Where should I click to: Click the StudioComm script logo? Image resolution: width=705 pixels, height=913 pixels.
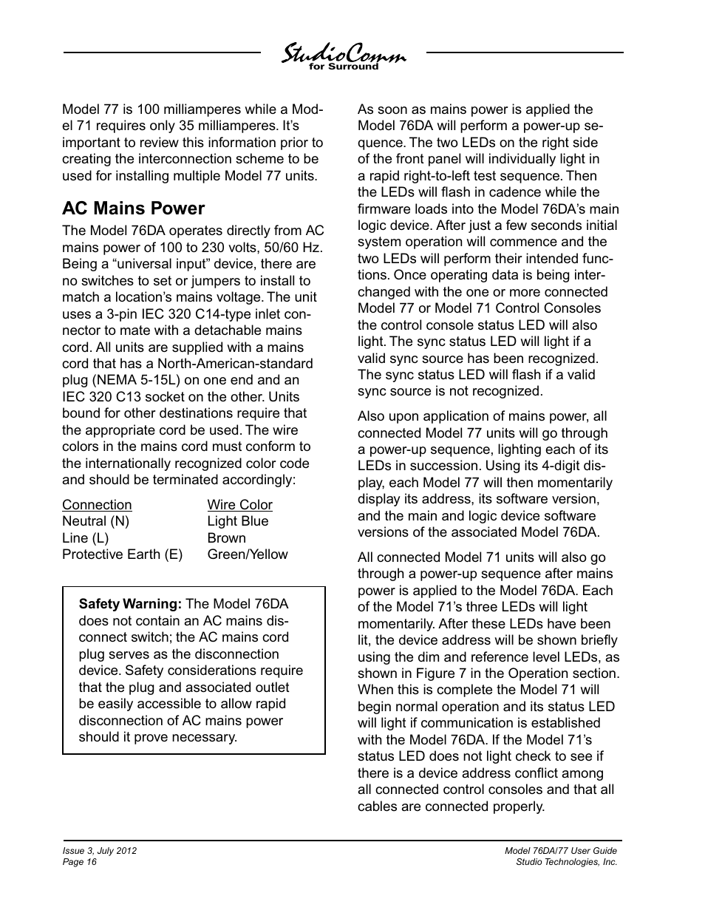click(x=343, y=54)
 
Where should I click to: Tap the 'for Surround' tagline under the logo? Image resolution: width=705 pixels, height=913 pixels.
click(x=343, y=67)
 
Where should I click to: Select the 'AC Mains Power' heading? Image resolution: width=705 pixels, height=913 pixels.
click(x=133, y=208)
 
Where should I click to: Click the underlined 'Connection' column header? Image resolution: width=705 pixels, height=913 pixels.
click(x=97, y=505)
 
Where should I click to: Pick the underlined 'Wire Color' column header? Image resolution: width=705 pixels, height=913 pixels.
click(x=239, y=505)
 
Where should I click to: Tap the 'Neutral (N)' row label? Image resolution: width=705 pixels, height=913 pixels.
click(x=95, y=521)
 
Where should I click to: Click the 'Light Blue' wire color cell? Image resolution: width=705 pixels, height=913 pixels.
click(x=238, y=521)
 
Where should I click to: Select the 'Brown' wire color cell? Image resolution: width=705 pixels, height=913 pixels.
click(x=226, y=538)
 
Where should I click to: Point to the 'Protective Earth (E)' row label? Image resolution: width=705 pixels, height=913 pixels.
click(x=122, y=554)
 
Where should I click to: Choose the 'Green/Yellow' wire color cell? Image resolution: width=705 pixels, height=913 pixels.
click(x=248, y=554)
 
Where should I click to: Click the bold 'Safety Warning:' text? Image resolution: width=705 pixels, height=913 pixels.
click(x=130, y=604)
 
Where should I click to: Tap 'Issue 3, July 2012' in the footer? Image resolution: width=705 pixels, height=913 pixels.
click(x=99, y=851)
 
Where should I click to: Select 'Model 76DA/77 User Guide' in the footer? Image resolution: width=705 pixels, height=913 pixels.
click(x=560, y=851)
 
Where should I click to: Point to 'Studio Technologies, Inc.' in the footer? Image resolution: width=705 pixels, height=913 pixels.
click(x=566, y=862)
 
